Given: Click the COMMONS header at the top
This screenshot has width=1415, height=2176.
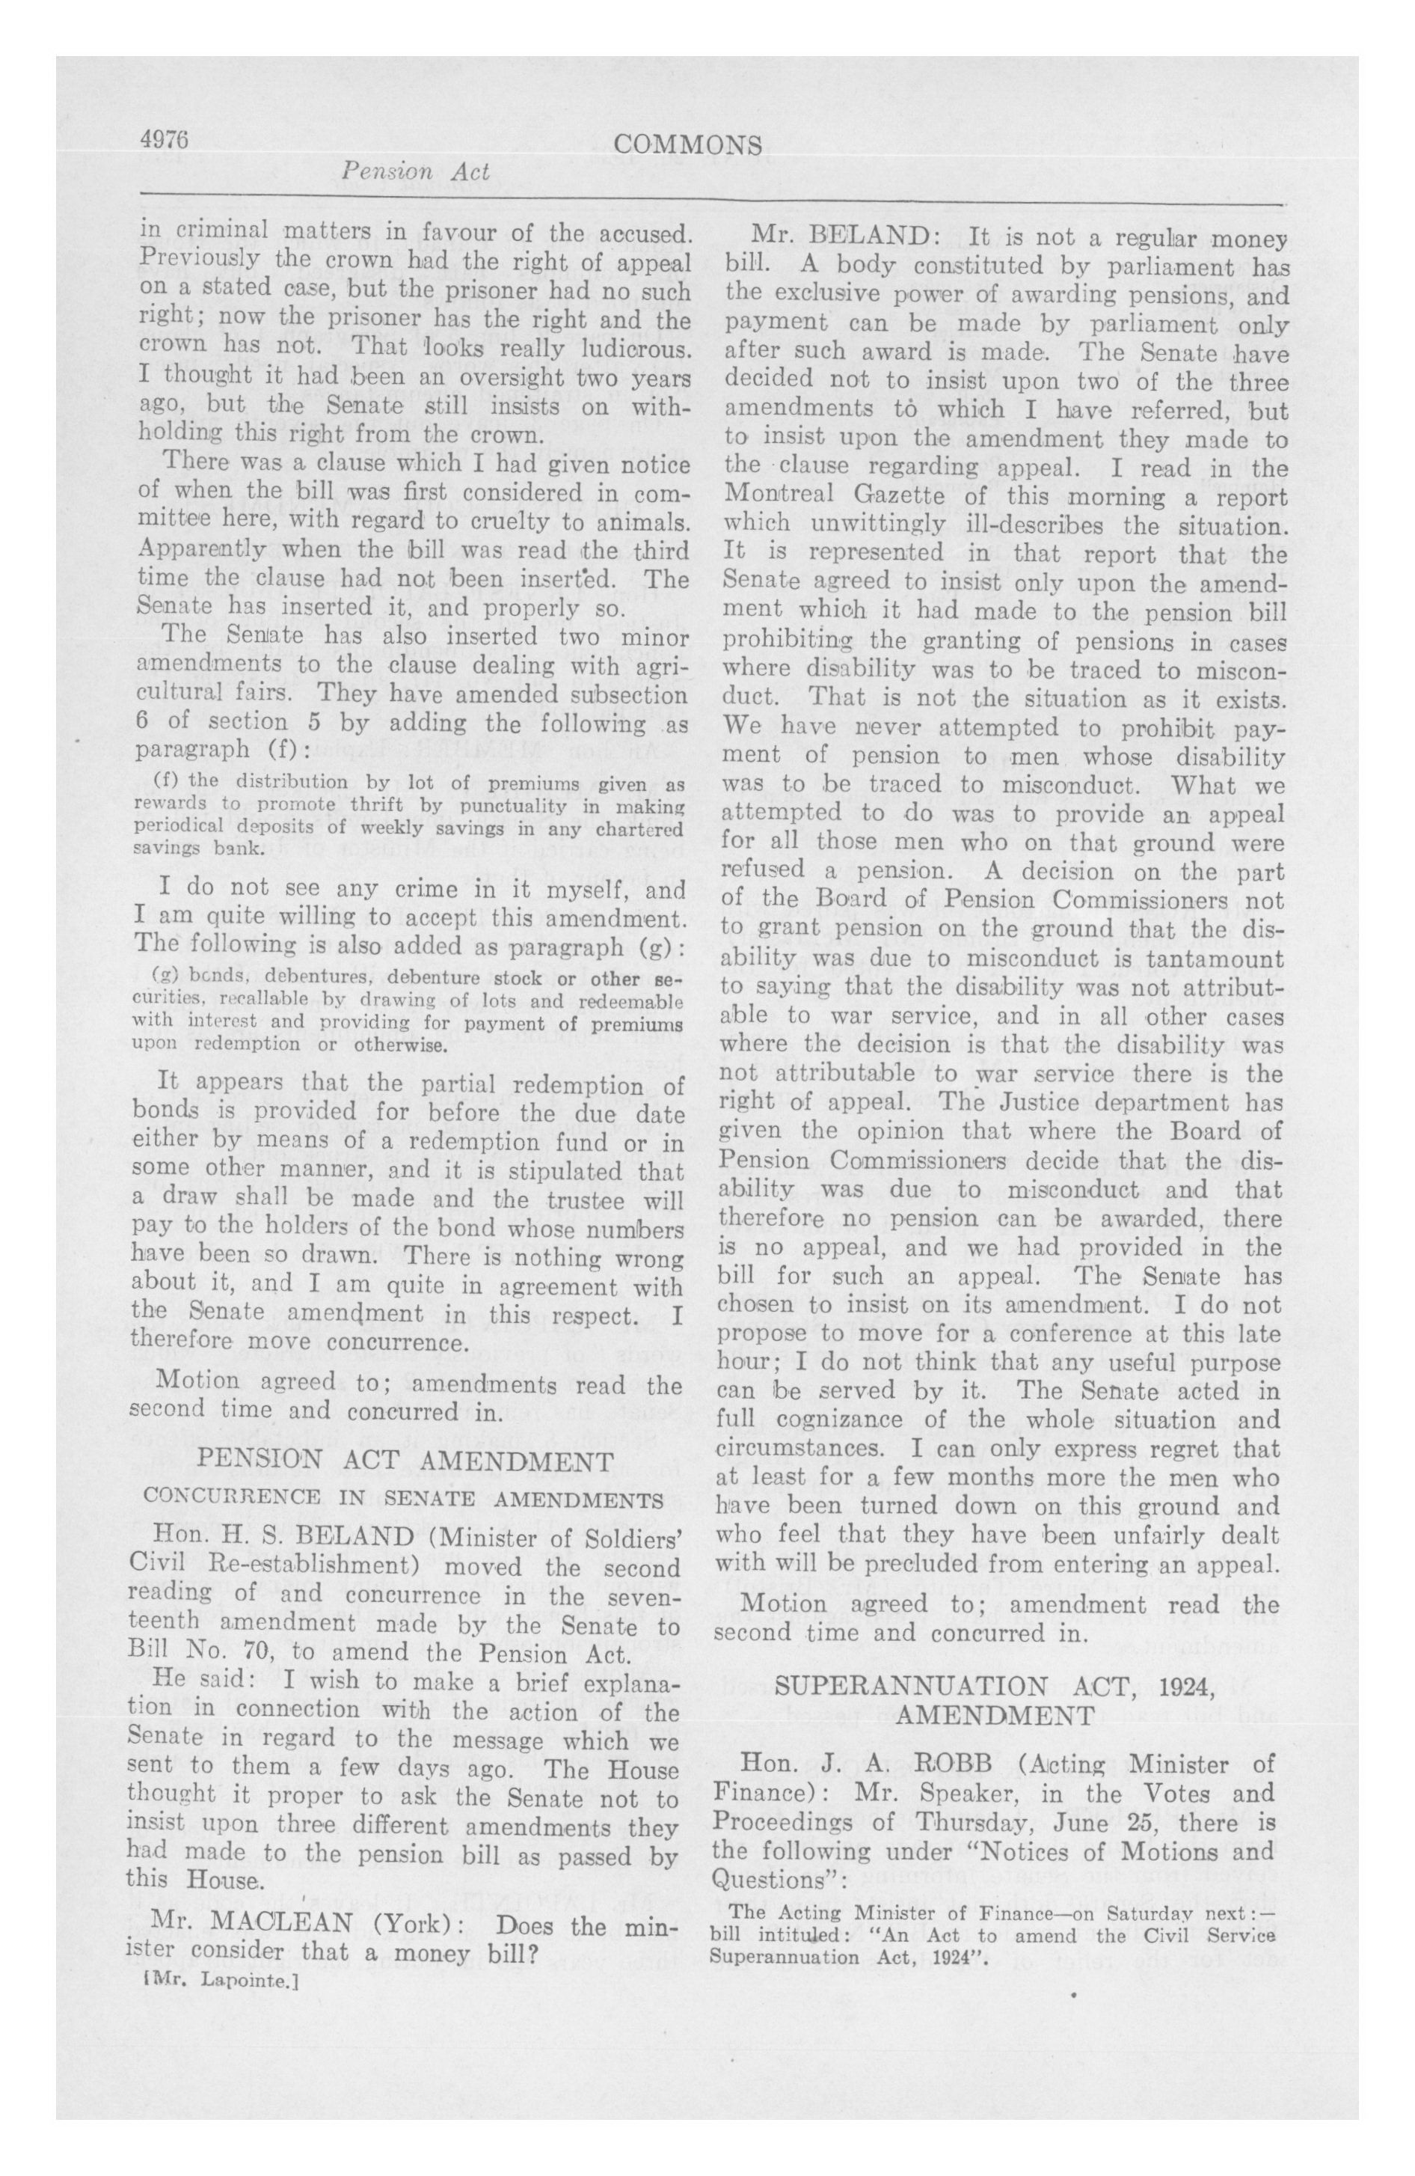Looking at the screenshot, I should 688,145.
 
